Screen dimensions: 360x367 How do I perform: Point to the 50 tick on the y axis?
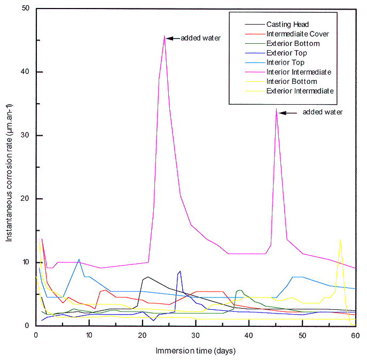[25, 9]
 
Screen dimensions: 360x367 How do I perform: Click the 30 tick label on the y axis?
[25, 136]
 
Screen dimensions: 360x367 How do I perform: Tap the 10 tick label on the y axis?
[25, 262]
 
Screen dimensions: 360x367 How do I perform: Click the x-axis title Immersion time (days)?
[196, 351]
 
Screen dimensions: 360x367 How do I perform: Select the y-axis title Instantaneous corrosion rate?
[10, 167]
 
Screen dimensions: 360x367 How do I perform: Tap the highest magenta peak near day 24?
[164, 36]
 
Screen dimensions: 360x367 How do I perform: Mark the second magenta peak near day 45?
[276, 109]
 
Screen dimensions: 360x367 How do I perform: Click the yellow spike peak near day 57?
[340, 240]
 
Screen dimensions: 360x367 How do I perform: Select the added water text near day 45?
[322, 112]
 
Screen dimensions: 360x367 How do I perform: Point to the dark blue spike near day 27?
[180, 271]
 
